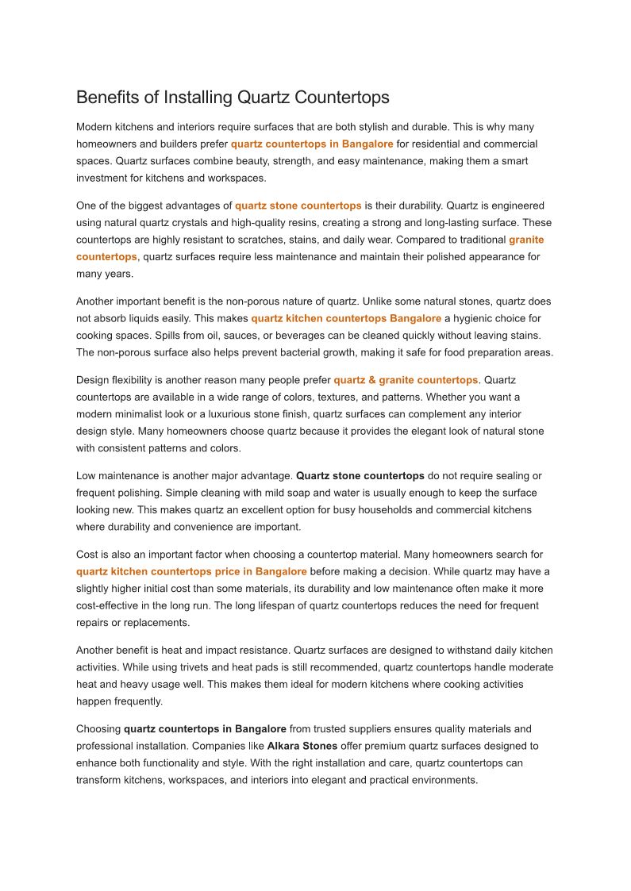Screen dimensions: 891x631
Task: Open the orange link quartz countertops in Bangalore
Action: pos(312,144)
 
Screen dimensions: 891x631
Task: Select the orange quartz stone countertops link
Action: pos(298,205)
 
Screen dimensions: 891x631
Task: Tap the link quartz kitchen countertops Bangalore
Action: pos(346,319)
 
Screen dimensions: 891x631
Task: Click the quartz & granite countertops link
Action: pos(406,380)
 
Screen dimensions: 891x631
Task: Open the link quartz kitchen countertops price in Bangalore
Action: pos(191,571)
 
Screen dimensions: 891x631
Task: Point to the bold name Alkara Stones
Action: pos(302,746)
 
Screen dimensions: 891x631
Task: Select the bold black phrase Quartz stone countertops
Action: pos(360,476)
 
